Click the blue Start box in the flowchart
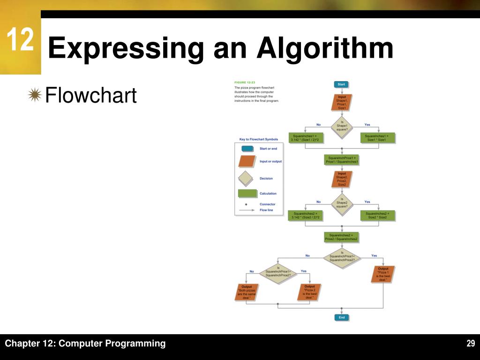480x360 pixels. pyautogui.click(x=341, y=84)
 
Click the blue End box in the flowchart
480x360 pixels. pyautogui.click(x=341, y=317)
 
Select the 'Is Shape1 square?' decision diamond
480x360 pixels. pyautogui.click(x=342, y=126)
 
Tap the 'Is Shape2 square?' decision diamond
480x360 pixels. pyautogui.click(x=342, y=202)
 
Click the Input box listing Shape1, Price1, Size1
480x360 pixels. pyautogui.click(x=342, y=103)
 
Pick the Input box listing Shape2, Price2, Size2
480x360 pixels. pyautogui.click(x=342, y=179)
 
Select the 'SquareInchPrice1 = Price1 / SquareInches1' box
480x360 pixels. pyautogui.click(x=342, y=160)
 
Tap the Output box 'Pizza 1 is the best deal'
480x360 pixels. pyautogui.click(x=383, y=274)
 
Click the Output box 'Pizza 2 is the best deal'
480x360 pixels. pyautogui.click(x=309, y=292)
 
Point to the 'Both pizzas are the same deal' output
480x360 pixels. pyautogui.click(x=246, y=292)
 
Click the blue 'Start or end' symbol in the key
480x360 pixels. pyautogui.click(x=248, y=149)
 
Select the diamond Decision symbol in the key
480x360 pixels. pyautogui.click(x=245, y=179)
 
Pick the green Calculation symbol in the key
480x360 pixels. pyautogui.click(x=248, y=193)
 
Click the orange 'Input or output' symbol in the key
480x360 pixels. pyautogui.click(x=248, y=161)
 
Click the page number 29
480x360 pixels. pyautogui.click(x=471, y=344)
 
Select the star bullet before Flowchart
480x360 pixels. pyautogui.click(x=34, y=95)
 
